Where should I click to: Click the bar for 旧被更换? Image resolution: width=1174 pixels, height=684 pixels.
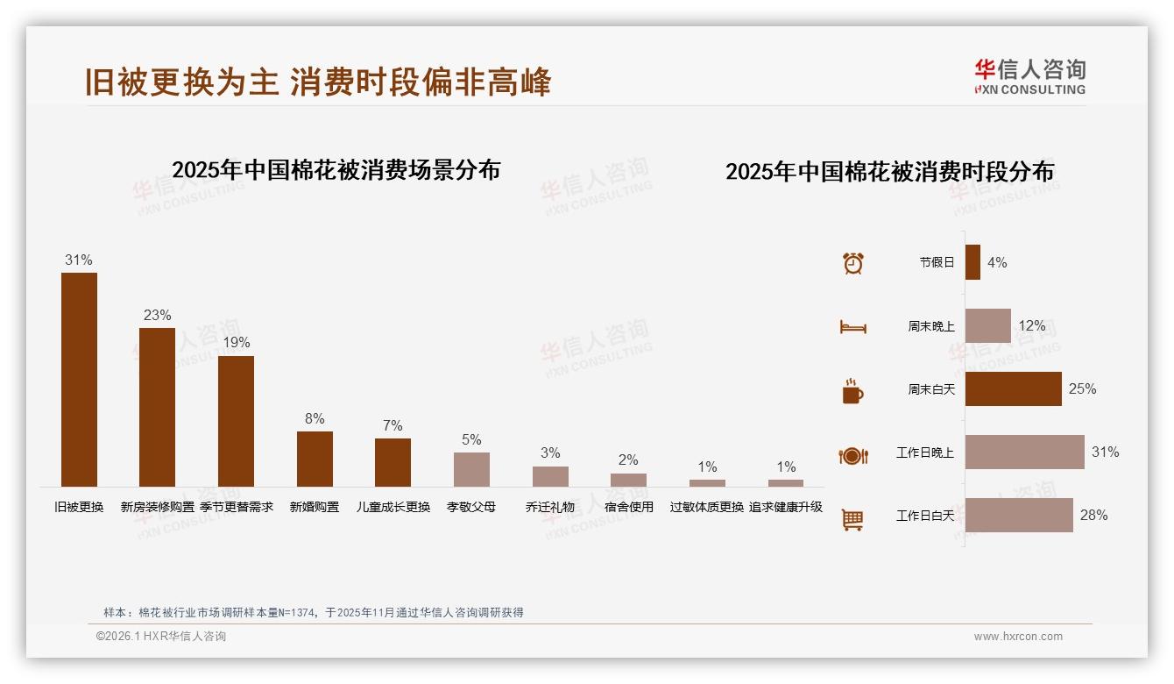79,380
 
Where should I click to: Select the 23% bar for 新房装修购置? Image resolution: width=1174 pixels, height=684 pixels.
158,407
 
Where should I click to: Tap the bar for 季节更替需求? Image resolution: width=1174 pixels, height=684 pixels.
236,421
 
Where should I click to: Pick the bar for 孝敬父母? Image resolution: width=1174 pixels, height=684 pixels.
471,469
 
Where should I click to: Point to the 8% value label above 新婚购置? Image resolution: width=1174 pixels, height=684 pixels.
315,419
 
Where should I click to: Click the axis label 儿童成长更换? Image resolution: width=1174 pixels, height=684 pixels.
393,507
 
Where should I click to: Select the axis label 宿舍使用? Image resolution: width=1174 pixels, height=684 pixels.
628,507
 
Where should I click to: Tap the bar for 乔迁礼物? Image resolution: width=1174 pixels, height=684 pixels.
550,476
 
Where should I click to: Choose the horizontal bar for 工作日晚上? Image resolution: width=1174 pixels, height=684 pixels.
1024,452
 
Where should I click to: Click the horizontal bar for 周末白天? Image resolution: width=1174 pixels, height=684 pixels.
1013,389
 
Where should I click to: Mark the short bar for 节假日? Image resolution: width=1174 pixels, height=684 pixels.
972,262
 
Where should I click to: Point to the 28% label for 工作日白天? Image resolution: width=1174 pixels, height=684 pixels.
1093,516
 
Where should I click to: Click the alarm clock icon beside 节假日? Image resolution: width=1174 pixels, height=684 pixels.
853,263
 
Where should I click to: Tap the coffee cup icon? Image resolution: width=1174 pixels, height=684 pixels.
852,391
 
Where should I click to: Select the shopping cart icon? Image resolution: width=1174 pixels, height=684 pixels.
852,519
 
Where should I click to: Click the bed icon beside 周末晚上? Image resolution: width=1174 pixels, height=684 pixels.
852,327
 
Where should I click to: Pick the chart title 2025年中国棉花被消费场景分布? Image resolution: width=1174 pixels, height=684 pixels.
336,170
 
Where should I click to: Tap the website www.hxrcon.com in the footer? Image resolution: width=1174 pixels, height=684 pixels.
1018,637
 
